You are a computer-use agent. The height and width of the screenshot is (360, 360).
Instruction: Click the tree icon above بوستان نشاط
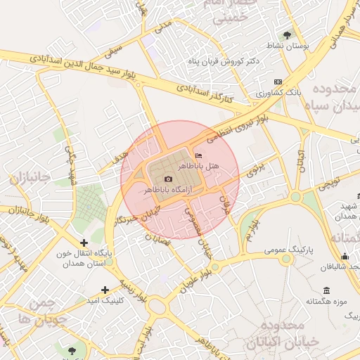coord(287,34)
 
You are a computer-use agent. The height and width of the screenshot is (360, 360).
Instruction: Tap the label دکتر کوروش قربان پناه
coord(224,62)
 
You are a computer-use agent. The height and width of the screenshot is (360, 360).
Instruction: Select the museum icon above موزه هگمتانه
coord(326,290)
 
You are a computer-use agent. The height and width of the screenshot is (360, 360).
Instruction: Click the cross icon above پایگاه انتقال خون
coord(84,243)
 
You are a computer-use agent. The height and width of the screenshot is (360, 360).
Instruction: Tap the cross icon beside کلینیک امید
coord(105,290)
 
